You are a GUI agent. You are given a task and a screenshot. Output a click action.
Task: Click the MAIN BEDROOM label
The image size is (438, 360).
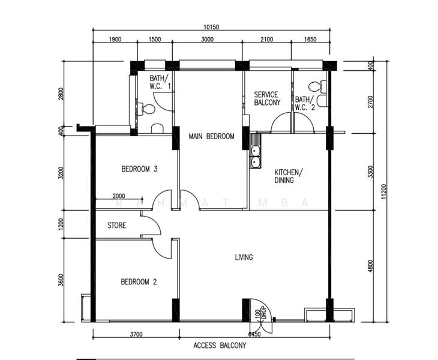coord(211,137)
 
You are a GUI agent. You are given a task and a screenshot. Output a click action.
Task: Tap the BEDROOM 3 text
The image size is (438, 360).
coord(139,169)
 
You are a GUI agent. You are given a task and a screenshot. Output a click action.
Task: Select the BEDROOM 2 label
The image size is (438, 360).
coord(139,281)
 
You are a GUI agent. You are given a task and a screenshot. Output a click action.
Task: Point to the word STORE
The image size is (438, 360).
coord(116,226)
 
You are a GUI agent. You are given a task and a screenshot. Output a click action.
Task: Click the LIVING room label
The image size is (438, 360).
coord(244,257)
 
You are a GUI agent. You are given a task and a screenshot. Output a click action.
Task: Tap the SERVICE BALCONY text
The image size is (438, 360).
coord(267,98)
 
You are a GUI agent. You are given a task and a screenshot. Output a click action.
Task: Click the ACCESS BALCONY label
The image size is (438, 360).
coord(219,346)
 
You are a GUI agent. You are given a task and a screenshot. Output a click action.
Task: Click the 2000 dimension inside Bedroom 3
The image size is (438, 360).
coord(119,196)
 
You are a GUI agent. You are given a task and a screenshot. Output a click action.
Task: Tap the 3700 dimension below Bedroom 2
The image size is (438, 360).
coord(136,334)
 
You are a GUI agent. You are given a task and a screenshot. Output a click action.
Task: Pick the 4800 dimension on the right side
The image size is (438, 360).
coord(370,265)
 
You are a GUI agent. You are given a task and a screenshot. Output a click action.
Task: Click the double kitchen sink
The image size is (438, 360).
coord(255,155)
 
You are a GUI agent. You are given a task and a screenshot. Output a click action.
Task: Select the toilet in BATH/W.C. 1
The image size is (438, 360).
coord(146,109)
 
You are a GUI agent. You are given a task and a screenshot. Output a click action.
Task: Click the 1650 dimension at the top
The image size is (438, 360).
coord(310,39)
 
